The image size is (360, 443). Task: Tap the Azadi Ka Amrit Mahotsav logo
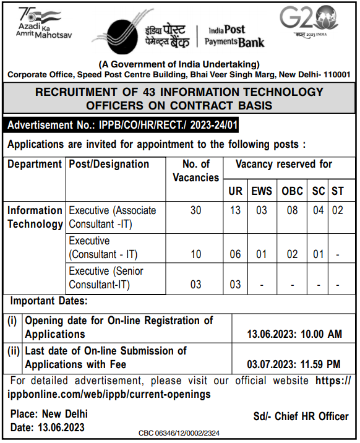[x=45, y=24]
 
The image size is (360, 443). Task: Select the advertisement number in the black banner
[x=122, y=126]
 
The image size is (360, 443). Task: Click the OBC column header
[x=292, y=192]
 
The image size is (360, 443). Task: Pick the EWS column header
[x=261, y=192]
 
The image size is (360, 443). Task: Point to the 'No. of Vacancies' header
[x=196, y=171]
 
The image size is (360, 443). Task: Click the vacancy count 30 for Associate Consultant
[x=195, y=211]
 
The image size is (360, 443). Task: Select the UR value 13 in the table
[x=235, y=211]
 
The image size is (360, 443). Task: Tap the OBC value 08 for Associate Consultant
[x=292, y=211]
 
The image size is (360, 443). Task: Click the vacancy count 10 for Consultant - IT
[x=195, y=254]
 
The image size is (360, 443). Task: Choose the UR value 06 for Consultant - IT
[x=235, y=254]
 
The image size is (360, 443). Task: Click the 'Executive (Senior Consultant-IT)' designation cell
[x=106, y=278]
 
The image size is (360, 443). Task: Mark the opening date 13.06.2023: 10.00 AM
[x=294, y=334]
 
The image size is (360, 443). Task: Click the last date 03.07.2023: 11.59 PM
[x=294, y=364]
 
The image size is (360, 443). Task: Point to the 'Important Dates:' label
[x=48, y=301]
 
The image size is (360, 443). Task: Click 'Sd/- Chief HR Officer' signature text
[x=301, y=416]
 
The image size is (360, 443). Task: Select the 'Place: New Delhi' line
[x=49, y=414]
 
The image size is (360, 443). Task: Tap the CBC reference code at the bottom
[x=178, y=433]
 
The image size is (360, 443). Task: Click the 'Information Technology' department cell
[x=35, y=217]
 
